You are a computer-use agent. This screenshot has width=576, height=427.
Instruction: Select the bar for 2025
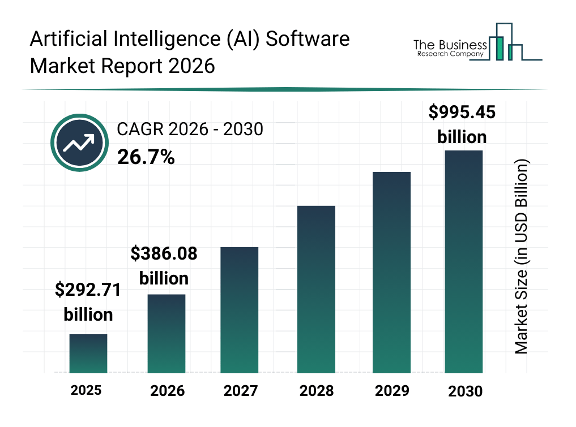pyautogui.click(x=88, y=353)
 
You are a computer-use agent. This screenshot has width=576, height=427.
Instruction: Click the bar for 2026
pyautogui.click(x=167, y=334)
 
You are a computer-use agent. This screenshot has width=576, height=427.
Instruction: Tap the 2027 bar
pyautogui.click(x=240, y=310)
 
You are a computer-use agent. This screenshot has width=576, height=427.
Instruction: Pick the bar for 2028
pyautogui.click(x=316, y=289)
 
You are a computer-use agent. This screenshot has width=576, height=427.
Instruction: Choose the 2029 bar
pyautogui.click(x=391, y=272)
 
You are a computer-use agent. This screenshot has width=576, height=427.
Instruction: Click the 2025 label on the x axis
pyautogui.click(x=86, y=390)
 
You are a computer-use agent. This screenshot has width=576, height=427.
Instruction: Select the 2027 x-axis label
pyautogui.click(x=240, y=391)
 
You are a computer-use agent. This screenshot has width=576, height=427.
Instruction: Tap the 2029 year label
pyautogui.click(x=391, y=391)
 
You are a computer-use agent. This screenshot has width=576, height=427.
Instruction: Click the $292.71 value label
pyautogui.click(x=88, y=290)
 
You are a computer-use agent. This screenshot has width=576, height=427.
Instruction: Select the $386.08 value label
pyautogui.click(x=164, y=253)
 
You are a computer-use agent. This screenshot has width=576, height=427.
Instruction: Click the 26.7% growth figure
pyautogui.click(x=146, y=157)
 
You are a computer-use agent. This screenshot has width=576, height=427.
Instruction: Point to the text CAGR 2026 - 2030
pyautogui.click(x=190, y=130)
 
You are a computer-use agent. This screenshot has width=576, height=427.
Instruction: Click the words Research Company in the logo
pyautogui.click(x=450, y=55)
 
